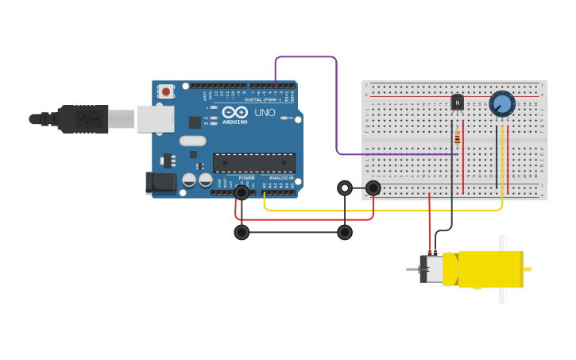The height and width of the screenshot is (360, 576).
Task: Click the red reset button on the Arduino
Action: click(165, 91)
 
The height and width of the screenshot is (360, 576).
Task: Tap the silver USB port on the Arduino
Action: click(155, 118)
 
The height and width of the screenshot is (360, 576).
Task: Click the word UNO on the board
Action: click(265, 113)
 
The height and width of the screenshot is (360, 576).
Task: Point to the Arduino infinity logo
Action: click(235, 112)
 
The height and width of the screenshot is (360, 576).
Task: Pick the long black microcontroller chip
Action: click(253, 163)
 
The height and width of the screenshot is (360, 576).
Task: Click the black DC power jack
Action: click(162, 183)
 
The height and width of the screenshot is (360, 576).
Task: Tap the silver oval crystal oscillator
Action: click(192, 141)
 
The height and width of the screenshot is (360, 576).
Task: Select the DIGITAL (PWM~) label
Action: click(270, 99)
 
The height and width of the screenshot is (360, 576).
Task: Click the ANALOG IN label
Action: click(279, 178)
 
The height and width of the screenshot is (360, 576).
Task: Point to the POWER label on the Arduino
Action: click(247, 178)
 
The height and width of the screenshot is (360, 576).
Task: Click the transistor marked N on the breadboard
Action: click(457, 103)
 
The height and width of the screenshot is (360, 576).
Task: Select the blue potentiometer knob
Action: click(501, 104)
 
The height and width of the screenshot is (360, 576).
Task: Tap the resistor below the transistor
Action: click(456, 138)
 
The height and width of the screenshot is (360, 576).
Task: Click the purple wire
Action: click(337, 103)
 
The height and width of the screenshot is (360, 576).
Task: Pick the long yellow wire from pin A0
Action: click(381, 211)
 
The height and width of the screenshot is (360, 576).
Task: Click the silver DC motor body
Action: click(434, 269)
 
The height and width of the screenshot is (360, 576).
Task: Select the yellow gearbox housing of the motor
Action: click(489, 269)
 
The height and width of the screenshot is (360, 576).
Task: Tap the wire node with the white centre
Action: click(344, 188)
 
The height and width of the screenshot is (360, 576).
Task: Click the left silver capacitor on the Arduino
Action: click(189, 180)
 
